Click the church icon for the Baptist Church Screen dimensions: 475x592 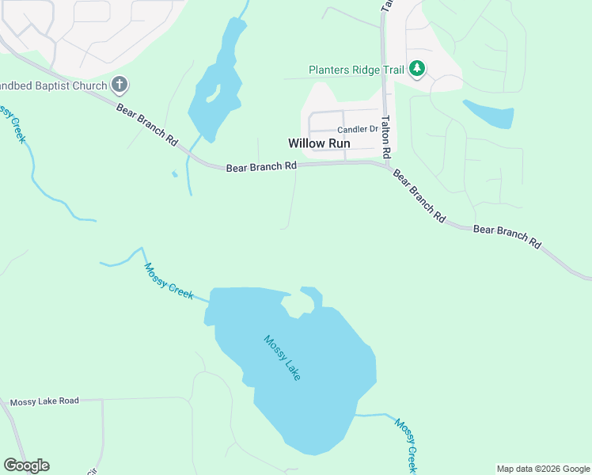pyautogui.click(x=120, y=83)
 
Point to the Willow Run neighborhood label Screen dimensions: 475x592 pyautogui.click(x=318, y=143)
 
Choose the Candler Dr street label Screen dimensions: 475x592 pyautogui.click(x=358, y=129)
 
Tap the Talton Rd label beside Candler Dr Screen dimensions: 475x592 pyautogui.click(x=386, y=136)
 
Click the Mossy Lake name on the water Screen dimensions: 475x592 pyautogui.click(x=283, y=358)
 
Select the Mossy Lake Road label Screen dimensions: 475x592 pyautogui.click(x=44, y=401)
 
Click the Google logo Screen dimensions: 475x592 pyautogui.click(x=26, y=465)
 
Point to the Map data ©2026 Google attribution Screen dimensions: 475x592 pyautogui.click(x=544, y=469)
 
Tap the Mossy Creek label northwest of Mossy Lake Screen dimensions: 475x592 pyautogui.click(x=169, y=280)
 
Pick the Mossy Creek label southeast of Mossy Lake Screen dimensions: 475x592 pyautogui.click(x=406, y=445)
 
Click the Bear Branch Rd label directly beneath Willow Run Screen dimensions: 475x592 pyautogui.click(x=261, y=167)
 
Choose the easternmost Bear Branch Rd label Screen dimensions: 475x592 pyautogui.click(x=507, y=236)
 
